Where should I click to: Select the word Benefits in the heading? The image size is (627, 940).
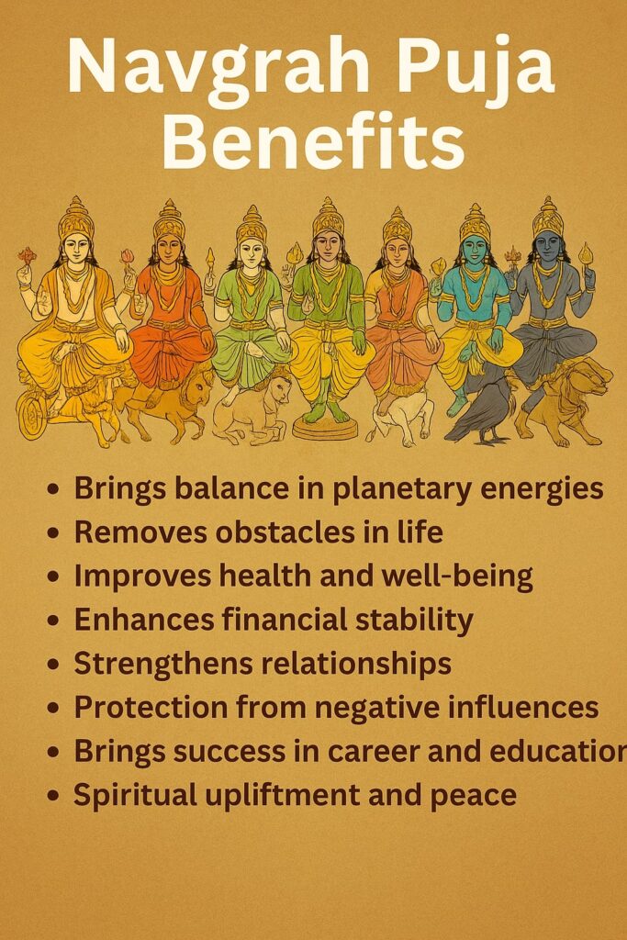tap(312, 145)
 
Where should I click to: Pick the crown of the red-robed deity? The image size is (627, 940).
tap(169, 219)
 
